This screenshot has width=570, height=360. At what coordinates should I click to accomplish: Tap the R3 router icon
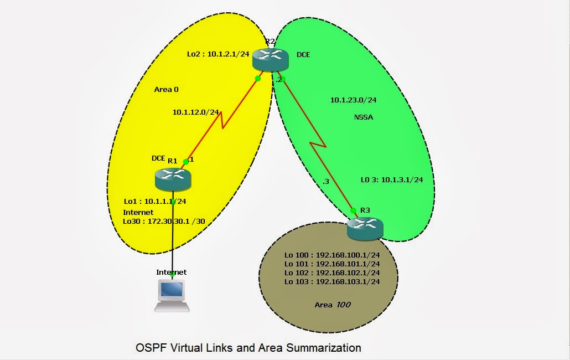(365, 229)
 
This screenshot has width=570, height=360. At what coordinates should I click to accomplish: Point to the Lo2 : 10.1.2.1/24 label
(218, 54)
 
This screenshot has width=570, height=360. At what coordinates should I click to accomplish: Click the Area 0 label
(166, 89)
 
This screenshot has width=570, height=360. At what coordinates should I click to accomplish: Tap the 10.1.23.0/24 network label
(353, 100)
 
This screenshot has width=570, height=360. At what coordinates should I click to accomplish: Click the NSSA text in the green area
(364, 117)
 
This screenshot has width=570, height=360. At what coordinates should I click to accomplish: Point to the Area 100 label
(332, 305)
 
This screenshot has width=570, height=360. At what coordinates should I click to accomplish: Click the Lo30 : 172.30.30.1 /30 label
(164, 221)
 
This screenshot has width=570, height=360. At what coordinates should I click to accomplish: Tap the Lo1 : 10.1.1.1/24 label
(154, 202)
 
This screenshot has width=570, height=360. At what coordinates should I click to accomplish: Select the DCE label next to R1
(159, 158)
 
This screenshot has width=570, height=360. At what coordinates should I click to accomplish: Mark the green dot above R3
(353, 210)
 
